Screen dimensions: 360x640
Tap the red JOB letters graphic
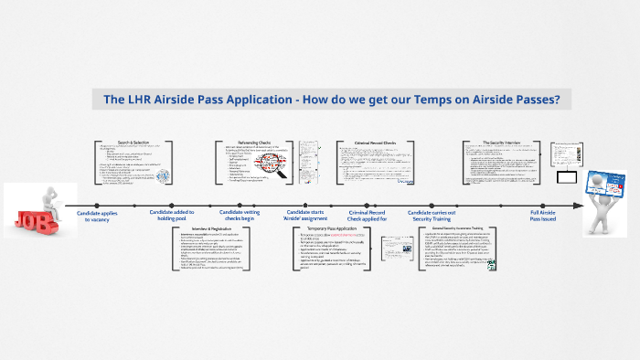pyautogui.click(x=29, y=217)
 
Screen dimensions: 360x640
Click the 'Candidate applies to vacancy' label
pyautogui.click(x=96, y=216)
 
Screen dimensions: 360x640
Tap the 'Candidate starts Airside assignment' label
pyautogui.click(x=305, y=216)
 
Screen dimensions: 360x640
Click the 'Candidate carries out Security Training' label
pyautogui.click(x=432, y=216)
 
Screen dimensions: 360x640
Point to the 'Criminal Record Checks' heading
pyautogui.click(x=374, y=143)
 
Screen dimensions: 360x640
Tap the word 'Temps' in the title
pyautogui.click(x=419, y=100)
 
